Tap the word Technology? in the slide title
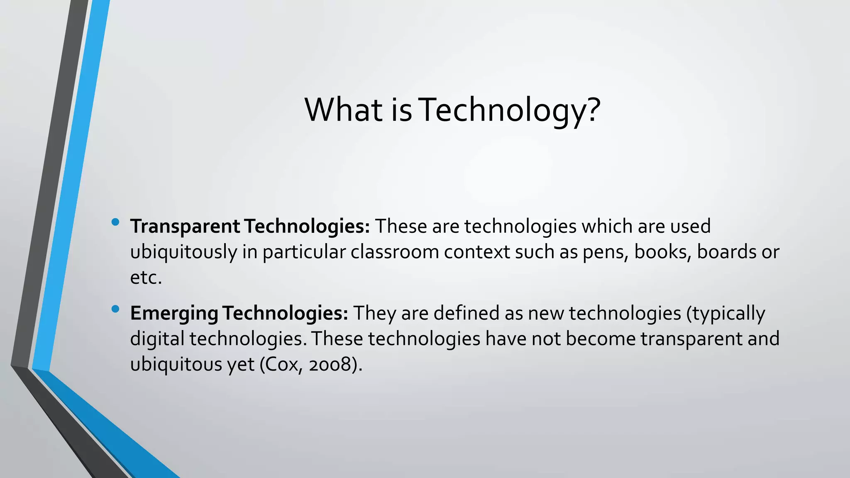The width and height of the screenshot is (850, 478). [510, 110]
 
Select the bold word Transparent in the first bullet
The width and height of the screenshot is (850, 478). [185, 227]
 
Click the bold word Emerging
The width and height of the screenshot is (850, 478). [174, 313]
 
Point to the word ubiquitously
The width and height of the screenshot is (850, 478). [183, 252]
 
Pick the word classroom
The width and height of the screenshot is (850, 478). [395, 252]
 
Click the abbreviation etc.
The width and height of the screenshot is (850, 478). [145, 278]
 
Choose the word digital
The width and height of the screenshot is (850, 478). [157, 339]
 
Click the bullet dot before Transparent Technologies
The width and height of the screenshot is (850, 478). [115, 222]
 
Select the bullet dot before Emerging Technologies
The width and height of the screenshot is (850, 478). [115, 309]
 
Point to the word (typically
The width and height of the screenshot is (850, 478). [725, 314]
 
